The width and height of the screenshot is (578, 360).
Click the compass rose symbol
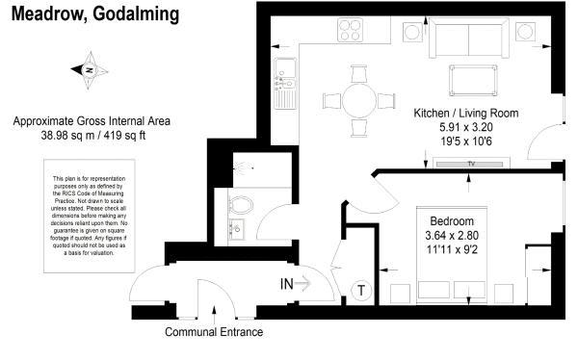pos(87,70)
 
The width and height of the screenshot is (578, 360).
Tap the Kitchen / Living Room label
pos(465,113)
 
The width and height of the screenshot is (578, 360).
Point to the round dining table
pos(359,99)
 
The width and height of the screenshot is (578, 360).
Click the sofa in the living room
pos(469,39)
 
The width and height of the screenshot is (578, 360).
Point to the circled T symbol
pos(361,290)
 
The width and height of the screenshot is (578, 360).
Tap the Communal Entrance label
pos(213,332)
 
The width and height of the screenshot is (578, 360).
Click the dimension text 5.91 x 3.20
pos(465,127)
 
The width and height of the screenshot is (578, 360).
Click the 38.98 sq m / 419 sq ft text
pos(92,136)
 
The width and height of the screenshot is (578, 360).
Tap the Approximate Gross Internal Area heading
pos(92,121)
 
